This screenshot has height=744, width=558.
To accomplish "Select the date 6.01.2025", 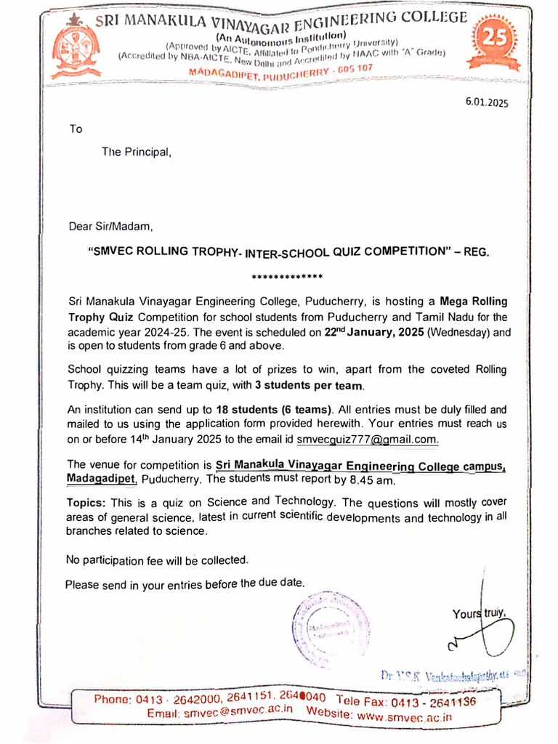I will coord(487,102).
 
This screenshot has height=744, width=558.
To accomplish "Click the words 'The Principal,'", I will coord(137,153).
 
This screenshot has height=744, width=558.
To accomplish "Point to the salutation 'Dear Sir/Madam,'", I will coord(111,226).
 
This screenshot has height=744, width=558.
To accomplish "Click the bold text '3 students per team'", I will coord(313,384).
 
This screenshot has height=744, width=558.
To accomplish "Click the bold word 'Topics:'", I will coord(87,504).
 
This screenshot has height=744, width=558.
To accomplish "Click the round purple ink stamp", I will coord(331,626).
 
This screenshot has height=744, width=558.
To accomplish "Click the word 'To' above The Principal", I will coord(76,129).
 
